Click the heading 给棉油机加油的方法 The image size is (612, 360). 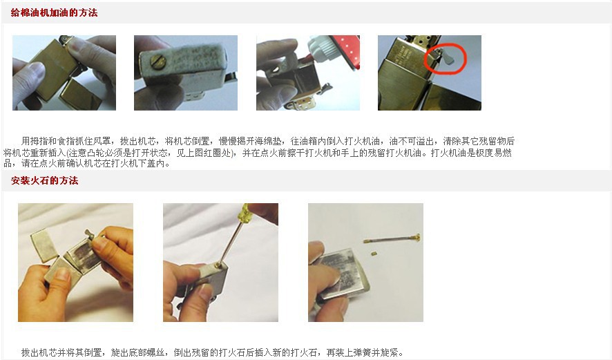[x=54, y=12]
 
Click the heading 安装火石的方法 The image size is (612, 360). [x=44, y=180]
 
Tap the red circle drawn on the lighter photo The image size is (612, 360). [x=443, y=57]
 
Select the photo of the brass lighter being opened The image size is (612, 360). [x=64, y=73]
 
